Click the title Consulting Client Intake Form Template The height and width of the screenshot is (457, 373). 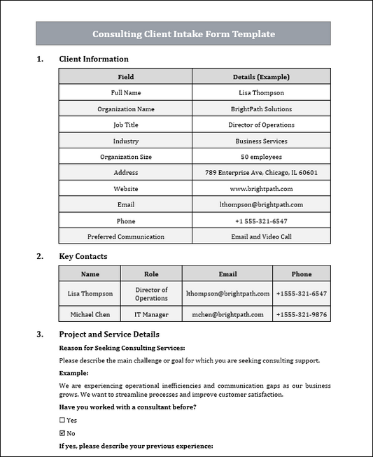[x=183, y=34]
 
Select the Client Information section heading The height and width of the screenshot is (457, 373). [x=94, y=59]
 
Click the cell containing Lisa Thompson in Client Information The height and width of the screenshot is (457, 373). [x=261, y=93]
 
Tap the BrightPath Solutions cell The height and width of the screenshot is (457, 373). [x=261, y=109]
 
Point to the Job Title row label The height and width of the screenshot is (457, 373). [x=126, y=125]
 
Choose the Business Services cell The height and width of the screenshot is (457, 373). [x=261, y=141]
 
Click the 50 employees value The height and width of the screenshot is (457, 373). [x=261, y=157]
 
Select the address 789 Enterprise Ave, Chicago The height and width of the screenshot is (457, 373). [x=261, y=173]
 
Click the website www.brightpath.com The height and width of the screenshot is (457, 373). [x=261, y=189]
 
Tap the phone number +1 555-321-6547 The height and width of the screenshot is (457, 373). [x=261, y=221]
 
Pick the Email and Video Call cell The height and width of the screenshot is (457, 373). [x=261, y=237]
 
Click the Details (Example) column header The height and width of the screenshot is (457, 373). [x=261, y=77]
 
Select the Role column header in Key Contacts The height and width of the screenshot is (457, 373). [x=151, y=274]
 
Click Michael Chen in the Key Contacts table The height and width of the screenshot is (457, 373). [x=90, y=315]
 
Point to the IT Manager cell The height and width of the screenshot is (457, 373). [x=151, y=315]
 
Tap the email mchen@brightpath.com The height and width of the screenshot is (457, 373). [x=227, y=315]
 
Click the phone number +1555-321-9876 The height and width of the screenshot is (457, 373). [x=301, y=315]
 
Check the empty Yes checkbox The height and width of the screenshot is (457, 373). [x=62, y=421]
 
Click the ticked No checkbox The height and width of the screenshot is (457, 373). [x=62, y=433]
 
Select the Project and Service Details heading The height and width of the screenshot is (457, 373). [x=109, y=335]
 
